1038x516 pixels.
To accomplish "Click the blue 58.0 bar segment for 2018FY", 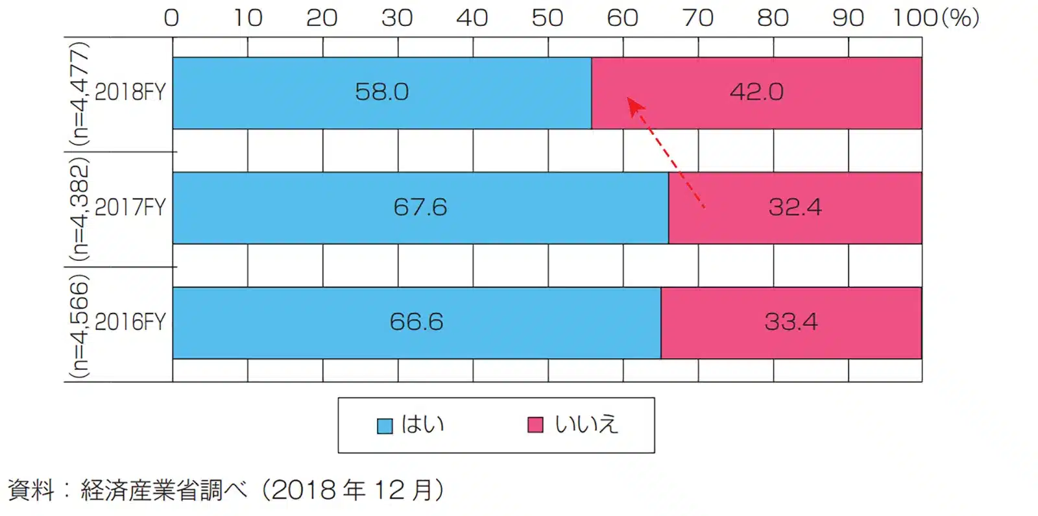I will (381, 93).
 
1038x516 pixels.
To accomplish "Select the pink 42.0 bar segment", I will (756, 93).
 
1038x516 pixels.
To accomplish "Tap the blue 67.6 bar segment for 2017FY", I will (420, 208).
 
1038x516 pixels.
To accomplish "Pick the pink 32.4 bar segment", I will (795, 208).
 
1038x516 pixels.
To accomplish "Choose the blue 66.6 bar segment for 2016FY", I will (416, 323).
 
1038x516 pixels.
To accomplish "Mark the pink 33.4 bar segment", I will (791, 323).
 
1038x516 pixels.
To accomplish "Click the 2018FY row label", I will (130, 93).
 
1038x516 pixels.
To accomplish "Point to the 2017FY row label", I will (130, 208).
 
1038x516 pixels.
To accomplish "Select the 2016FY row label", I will (130, 323).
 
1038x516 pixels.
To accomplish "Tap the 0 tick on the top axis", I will (171, 18).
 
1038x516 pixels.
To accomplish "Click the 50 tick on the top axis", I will (547, 18).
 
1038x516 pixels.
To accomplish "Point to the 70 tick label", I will (697, 18).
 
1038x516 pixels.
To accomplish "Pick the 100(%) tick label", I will (935, 18).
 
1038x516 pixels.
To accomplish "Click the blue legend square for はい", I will (385, 426).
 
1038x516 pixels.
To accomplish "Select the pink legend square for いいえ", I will (535, 425).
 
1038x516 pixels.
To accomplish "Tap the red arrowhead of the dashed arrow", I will (634, 106).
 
